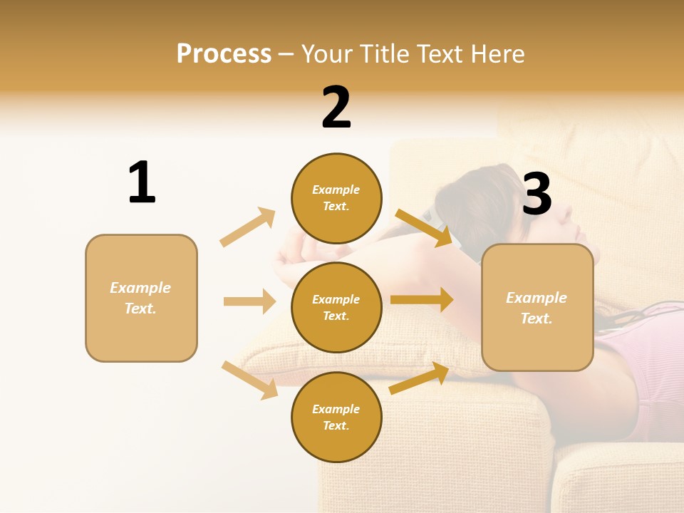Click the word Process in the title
pyautogui.click(x=224, y=54)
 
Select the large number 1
pyautogui.click(x=141, y=182)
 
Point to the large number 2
pyautogui.click(x=336, y=108)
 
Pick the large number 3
pyautogui.click(x=537, y=194)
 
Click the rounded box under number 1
pyautogui.click(x=141, y=298)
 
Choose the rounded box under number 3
pyautogui.click(x=537, y=308)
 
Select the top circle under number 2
pyautogui.click(x=336, y=198)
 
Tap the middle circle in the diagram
pyautogui.click(x=336, y=308)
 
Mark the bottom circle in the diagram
pyautogui.click(x=336, y=418)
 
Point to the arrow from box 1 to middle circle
pyautogui.click(x=249, y=301)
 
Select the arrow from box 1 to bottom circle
pyautogui.click(x=249, y=379)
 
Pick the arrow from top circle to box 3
pyautogui.click(x=424, y=228)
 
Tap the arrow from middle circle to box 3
pyautogui.click(x=422, y=299)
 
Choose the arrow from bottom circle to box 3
pyautogui.click(x=419, y=378)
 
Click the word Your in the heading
pyautogui.click(x=327, y=54)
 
